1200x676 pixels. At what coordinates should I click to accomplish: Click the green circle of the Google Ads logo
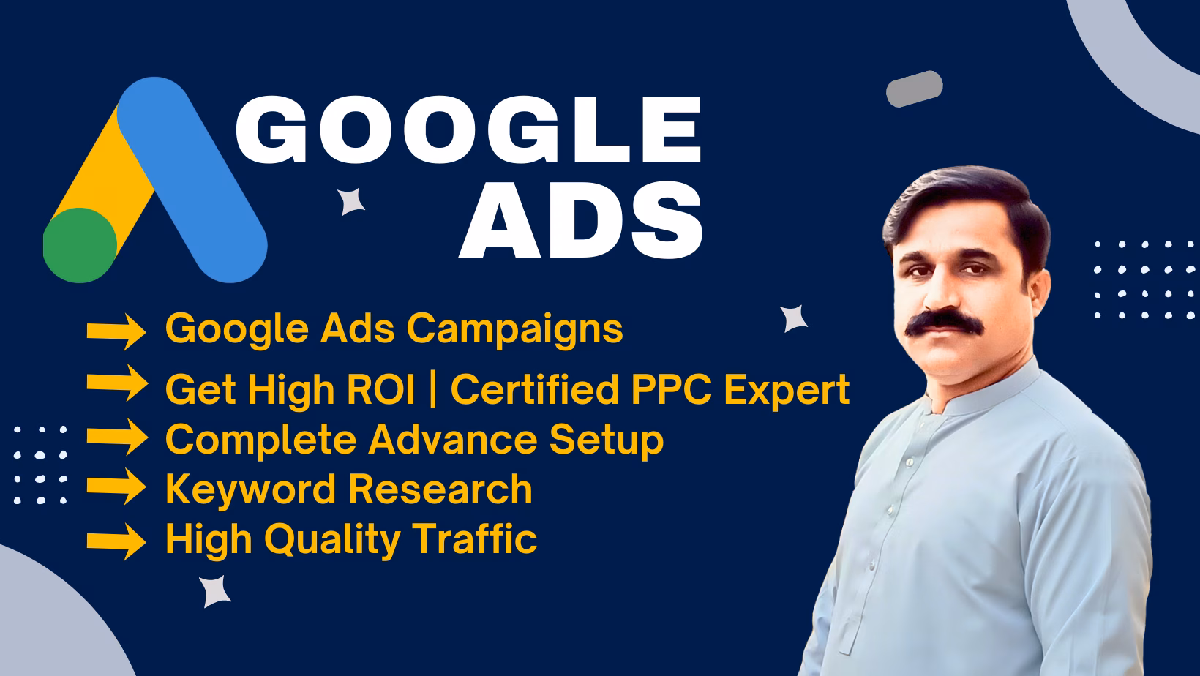[x=80, y=245]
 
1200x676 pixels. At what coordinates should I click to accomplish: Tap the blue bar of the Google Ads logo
[x=192, y=179]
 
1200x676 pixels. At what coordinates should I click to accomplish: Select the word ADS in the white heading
[x=581, y=219]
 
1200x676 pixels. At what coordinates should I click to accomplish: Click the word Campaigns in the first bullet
[x=515, y=329]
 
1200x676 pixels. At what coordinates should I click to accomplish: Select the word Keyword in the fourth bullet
[x=251, y=489]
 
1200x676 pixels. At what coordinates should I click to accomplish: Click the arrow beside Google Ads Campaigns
[x=116, y=331]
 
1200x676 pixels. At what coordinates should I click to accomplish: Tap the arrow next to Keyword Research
[x=116, y=486]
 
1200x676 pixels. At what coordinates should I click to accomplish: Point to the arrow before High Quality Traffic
[x=116, y=541]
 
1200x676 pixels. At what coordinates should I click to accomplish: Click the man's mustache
[x=944, y=323]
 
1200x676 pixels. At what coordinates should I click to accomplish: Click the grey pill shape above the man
[x=915, y=89]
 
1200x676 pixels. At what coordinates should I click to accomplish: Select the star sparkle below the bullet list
[x=215, y=591]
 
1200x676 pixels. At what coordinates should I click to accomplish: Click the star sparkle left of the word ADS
[x=351, y=201]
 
